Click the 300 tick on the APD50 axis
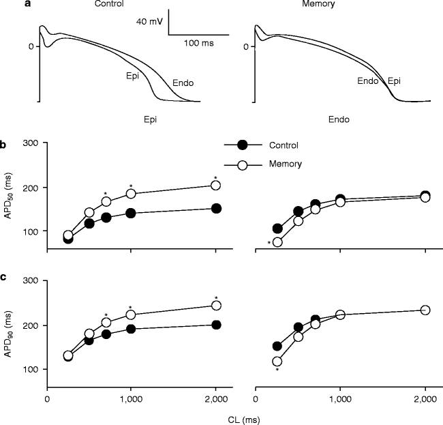coord(30,143)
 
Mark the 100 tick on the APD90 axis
coord(30,369)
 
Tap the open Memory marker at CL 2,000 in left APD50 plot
coord(216,185)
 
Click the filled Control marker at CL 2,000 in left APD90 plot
coord(216,325)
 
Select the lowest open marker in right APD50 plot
coord(277,241)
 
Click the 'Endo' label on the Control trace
coord(183,83)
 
